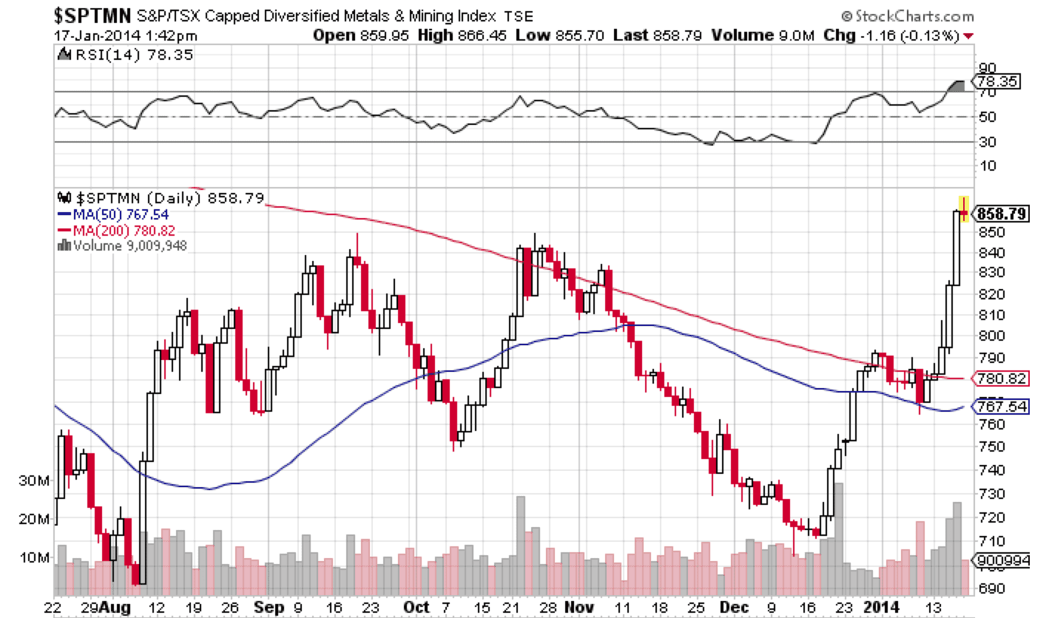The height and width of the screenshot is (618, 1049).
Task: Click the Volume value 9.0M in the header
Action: (796, 35)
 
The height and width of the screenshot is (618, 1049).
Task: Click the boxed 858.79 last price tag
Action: (1002, 214)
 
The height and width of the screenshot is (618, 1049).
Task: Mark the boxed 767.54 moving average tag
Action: (1002, 407)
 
